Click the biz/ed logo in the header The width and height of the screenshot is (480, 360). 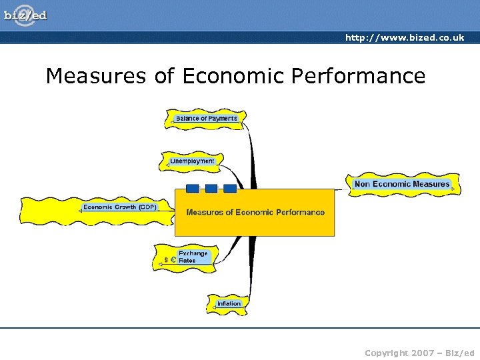click(26, 15)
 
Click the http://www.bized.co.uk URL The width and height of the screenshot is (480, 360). click(405, 37)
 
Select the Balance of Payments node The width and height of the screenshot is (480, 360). click(206, 119)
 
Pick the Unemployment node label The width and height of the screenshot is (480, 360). click(192, 161)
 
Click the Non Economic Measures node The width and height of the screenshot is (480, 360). click(402, 184)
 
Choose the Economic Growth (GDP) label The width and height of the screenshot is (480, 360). click(120, 207)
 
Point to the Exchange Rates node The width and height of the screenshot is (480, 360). click(193, 257)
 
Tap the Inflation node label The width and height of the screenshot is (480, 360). click(229, 303)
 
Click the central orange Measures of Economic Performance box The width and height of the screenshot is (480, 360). click(255, 213)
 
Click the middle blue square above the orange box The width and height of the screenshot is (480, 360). click(211, 188)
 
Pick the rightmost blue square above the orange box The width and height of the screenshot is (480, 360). click(229, 188)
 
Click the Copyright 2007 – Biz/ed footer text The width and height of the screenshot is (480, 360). click(419, 351)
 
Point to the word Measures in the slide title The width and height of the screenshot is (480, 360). click(95, 76)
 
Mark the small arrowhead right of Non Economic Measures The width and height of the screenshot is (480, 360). click(453, 189)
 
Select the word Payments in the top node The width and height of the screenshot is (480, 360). click(222, 119)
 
